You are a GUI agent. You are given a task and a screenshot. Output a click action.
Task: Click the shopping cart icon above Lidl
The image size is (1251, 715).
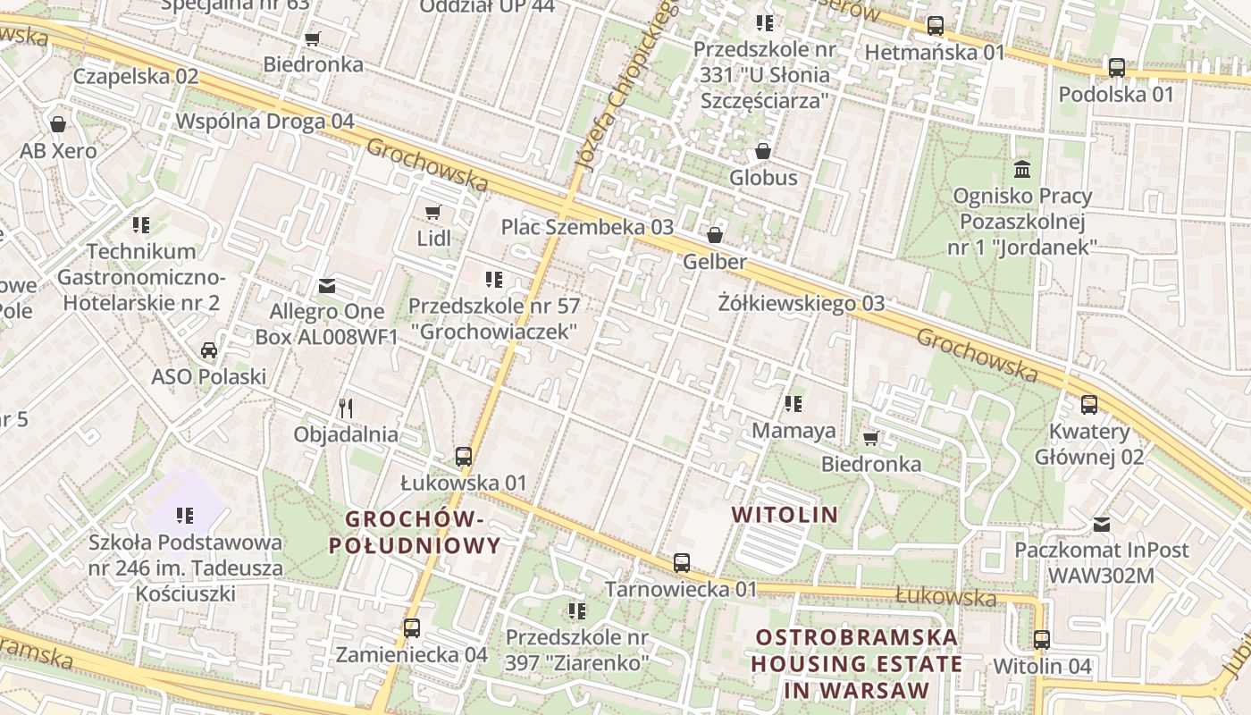(433, 212)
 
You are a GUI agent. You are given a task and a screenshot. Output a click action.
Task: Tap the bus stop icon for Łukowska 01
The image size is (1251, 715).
(463, 456)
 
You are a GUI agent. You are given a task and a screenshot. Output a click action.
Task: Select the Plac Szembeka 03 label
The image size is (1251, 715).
(587, 227)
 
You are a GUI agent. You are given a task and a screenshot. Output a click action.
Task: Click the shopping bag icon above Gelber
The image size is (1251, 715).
(715, 235)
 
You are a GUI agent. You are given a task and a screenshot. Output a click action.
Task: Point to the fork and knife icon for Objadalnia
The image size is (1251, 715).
(346, 408)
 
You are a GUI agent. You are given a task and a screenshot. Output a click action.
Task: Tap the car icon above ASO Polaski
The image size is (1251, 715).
(209, 349)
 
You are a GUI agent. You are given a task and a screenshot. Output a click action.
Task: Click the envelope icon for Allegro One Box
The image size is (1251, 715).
(327, 286)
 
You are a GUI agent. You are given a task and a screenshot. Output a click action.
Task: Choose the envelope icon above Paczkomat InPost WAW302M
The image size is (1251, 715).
(1102, 524)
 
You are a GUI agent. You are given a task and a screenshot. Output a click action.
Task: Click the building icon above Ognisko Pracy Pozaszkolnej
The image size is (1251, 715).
(1021, 169)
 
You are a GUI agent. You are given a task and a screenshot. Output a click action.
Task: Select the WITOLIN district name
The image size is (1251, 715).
(785, 515)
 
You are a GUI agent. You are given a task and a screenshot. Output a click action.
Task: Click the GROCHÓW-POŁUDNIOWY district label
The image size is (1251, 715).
(415, 532)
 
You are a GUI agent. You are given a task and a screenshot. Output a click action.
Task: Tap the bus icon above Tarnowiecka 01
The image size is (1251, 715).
(682, 563)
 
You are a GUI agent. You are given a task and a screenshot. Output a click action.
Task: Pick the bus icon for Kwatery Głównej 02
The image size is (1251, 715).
(1088, 405)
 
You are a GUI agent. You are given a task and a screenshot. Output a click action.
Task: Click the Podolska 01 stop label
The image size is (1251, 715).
(1115, 94)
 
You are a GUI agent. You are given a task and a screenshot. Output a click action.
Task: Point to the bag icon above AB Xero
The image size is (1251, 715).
(58, 123)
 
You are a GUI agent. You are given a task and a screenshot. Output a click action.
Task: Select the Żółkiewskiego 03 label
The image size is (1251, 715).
(801, 304)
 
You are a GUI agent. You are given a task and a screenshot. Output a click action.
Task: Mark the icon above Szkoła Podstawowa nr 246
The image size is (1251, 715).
(185, 515)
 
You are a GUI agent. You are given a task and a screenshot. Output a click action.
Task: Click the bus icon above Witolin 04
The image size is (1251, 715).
(1042, 639)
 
